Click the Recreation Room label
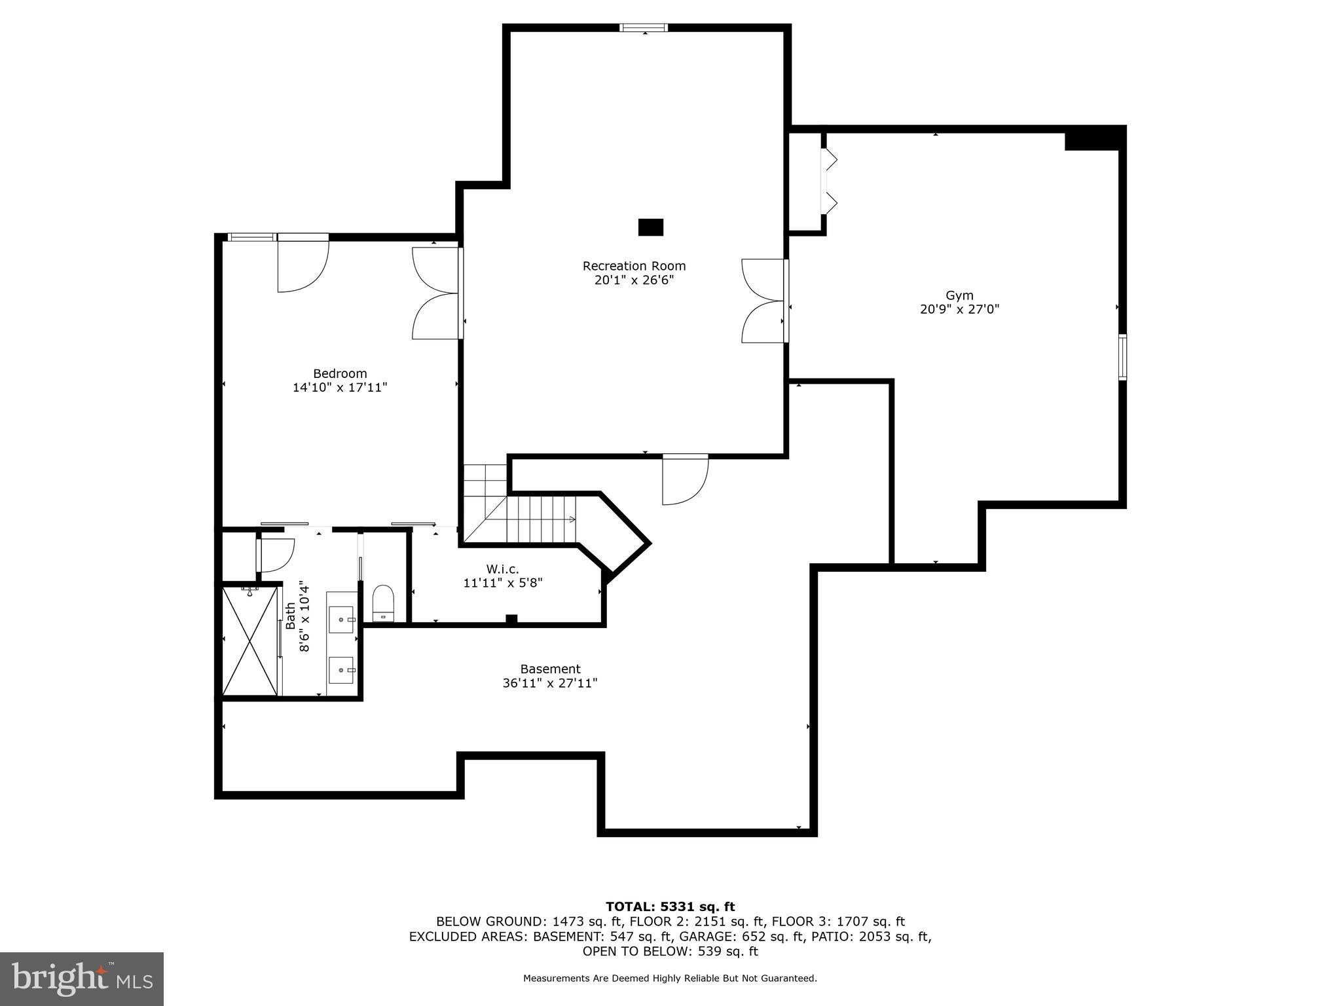tap(634, 266)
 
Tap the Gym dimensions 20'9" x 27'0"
tap(959, 309)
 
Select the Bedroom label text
tap(340, 373)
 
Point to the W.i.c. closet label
tap(502, 569)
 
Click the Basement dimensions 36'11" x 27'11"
tap(550, 683)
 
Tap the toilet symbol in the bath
tap(383, 602)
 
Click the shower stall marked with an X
tap(250, 641)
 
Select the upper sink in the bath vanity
tap(341, 619)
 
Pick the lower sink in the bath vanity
tap(341, 669)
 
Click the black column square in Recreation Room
tap(650, 227)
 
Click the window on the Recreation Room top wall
tap(644, 28)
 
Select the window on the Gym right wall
tap(1122, 357)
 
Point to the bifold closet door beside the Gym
tap(829, 181)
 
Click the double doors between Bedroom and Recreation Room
tap(437, 293)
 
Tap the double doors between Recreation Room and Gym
tap(764, 301)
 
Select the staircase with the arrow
tap(540, 519)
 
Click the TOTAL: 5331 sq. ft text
tap(670, 906)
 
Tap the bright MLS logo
tap(82, 978)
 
